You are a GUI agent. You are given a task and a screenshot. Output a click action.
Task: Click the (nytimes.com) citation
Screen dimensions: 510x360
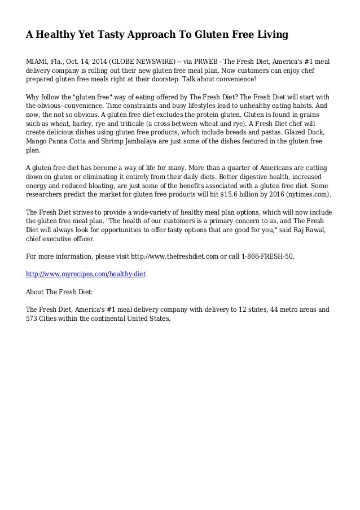(x=314, y=195)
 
